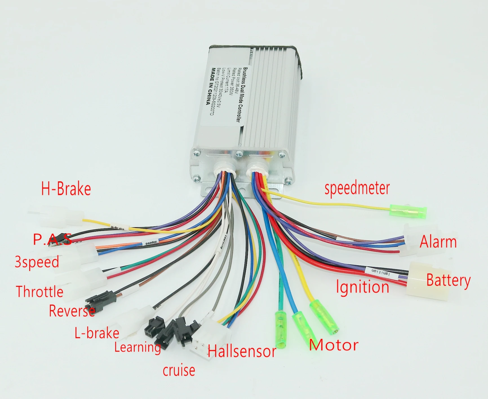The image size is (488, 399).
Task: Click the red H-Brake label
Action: tap(66, 189)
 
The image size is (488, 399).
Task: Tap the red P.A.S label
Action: tap(52, 239)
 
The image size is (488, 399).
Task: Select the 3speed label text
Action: tap(37, 262)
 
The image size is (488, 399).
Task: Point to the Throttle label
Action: tap(39, 291)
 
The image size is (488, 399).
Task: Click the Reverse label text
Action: tap(72, 311)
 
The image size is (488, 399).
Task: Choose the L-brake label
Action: tap(97, 333)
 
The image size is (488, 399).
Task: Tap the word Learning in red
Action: tap(137, 347)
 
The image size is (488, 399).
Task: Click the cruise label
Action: tap(179, 370)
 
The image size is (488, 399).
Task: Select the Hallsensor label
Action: tap(242, 351)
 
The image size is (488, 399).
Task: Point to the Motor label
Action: tap(334, 345)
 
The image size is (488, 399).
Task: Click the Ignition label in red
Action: tap(363, 287)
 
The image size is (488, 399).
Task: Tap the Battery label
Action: tap(448, 280)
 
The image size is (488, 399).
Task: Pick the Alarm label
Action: tap(438, 242)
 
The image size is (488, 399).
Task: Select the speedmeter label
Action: tap(357, 188)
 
